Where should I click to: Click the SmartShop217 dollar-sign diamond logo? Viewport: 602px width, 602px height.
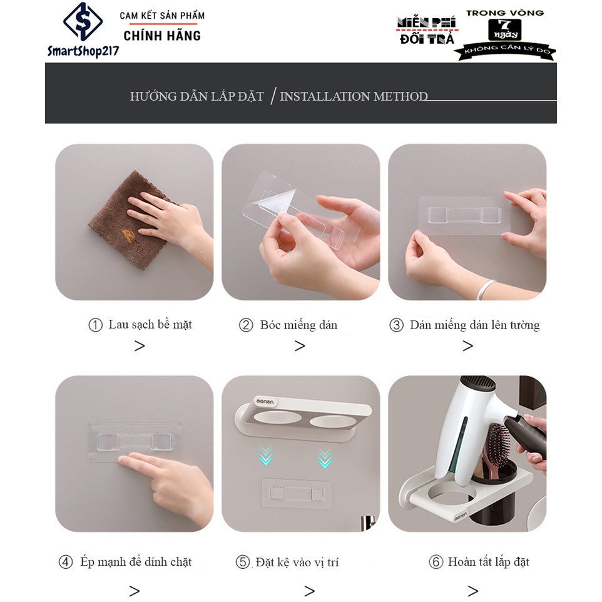point(83,21)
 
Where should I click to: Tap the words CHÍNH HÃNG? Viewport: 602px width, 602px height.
point(162,36)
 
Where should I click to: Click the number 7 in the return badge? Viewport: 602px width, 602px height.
point(504,25)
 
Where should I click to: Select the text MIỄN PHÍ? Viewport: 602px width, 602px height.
point(427,23)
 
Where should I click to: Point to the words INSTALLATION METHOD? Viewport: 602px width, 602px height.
point(354,96)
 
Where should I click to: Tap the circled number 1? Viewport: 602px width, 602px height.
point(95,325)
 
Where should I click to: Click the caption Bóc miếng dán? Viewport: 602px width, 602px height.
point(298,325)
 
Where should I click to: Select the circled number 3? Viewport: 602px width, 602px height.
point(396,325)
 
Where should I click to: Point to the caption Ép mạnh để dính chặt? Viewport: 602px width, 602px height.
point(136,562)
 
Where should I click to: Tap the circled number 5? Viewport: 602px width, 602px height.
point(243,562)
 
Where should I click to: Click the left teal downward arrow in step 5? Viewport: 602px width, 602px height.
point(266,456)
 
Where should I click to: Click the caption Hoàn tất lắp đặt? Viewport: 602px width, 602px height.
point(488,562)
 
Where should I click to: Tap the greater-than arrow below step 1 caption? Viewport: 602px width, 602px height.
point(140,346)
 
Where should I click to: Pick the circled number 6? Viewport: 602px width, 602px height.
point(436,562)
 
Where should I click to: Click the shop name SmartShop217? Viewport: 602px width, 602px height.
point(83,51)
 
